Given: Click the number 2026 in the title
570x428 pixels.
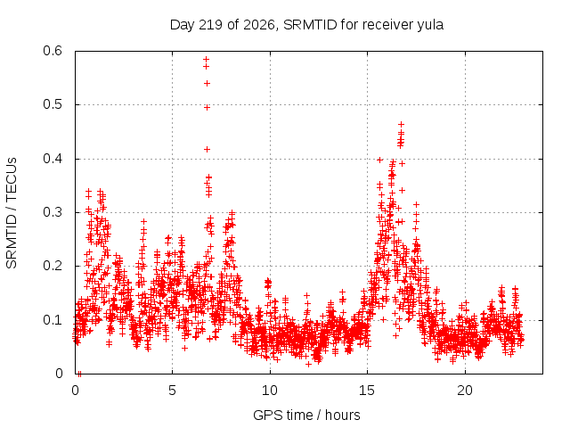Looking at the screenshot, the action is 259,25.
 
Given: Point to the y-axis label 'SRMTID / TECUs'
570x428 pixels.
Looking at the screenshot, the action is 12,213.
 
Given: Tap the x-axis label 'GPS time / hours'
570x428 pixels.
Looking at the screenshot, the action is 306,415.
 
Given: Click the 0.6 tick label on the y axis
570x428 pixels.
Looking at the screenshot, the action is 53,51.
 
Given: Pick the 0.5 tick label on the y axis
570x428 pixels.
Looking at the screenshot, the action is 53,104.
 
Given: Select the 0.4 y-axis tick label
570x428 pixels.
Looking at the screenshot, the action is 53,159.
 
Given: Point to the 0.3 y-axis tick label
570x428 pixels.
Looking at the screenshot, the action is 53,212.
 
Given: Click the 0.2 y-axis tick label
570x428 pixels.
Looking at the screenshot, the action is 53,266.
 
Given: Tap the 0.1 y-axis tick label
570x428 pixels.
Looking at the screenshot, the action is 53,320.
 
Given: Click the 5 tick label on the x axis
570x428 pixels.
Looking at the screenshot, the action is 172,391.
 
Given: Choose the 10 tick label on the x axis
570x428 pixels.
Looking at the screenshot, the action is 270,391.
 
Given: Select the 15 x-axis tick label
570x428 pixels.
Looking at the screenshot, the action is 367,391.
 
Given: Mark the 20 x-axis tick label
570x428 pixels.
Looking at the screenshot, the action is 465,391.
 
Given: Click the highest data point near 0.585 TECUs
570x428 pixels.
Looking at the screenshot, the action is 206,59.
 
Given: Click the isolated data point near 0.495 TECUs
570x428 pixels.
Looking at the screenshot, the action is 207,107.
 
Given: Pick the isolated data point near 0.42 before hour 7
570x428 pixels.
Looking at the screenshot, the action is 207,149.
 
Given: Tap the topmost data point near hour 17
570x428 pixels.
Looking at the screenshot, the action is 402,125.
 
